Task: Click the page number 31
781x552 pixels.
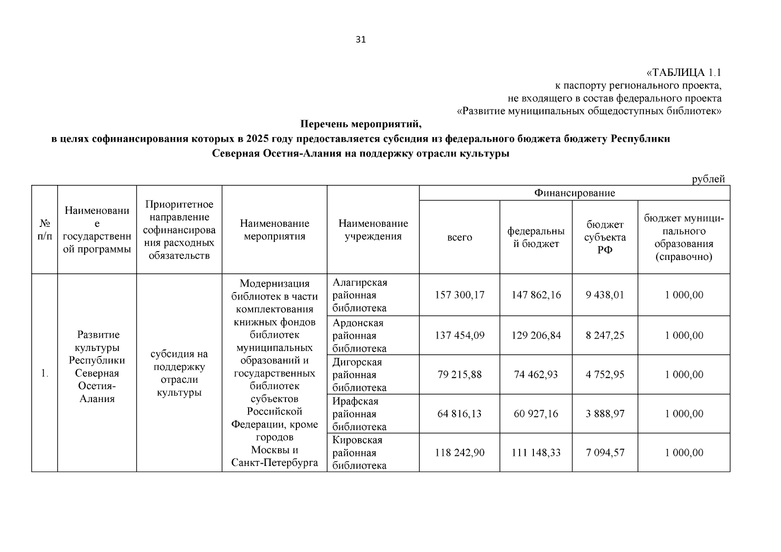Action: [361, 40]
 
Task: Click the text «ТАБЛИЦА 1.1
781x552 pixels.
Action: [684, 73]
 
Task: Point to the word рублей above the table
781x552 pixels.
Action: [708, 179]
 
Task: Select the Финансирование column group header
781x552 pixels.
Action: [574, 193]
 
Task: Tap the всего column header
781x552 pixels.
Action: [459, 237]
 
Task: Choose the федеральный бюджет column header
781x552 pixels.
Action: [536, 237]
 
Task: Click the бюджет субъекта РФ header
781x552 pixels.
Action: [605, 237]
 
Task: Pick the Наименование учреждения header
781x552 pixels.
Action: [373, 230]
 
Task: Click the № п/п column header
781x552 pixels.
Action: [44, 230]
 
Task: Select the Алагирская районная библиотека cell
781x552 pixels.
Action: [360, 295]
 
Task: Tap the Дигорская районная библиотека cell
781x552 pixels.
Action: [359, 374]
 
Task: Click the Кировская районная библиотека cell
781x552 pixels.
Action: [359, 453]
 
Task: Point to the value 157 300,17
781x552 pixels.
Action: [459, 295]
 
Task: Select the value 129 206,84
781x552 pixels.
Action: [536, 335]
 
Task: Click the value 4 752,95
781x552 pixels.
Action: [605, 374]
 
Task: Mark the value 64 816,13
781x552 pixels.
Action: [459, 414]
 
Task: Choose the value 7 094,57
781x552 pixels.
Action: [605, 453]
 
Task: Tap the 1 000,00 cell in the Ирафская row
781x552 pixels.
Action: [684, 414]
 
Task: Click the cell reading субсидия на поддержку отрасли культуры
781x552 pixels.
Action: [179, 373]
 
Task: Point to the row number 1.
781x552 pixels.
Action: [44, 373]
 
